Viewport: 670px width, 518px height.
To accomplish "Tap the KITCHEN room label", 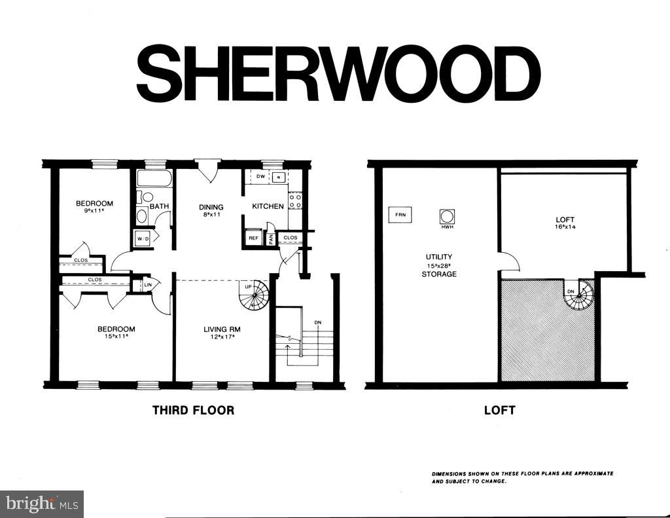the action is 268,206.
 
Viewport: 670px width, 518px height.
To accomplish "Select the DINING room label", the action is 211,207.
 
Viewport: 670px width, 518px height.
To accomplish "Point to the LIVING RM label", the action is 222,329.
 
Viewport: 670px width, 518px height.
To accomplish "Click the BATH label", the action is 160,206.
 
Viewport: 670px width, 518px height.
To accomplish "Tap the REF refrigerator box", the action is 253,238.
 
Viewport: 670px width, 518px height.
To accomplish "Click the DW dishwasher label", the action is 260,176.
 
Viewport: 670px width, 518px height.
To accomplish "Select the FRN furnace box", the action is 400,215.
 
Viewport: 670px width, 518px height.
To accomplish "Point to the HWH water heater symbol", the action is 447,217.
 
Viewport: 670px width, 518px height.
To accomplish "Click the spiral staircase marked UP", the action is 255,295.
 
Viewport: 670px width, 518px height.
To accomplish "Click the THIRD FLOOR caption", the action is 194,411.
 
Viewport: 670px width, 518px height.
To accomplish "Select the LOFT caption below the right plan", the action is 499,411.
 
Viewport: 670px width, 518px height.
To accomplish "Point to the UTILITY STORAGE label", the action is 439,265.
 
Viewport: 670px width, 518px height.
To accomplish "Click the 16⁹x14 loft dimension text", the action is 565,227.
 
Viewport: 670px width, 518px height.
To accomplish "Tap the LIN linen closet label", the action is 148,285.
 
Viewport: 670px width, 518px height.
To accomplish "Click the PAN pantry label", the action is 271,239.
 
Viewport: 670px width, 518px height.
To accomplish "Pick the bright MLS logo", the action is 43,504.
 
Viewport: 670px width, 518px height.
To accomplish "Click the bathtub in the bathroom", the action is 154,178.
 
